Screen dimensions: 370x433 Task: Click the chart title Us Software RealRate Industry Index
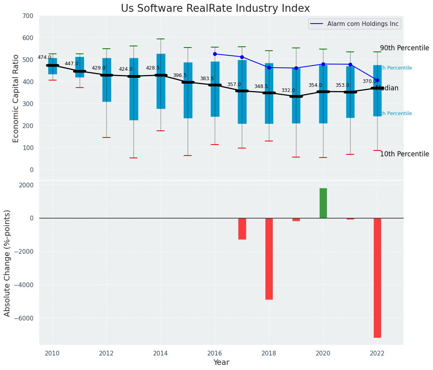pos(215,9)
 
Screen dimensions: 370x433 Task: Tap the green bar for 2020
pos(323,203)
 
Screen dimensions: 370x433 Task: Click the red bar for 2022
pos(377,277)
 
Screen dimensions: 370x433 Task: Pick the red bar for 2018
pos(269,258)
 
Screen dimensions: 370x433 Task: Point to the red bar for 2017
pos(242,229)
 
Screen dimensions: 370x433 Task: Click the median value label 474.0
pos(44,57)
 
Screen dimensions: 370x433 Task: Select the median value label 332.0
pos(288,90)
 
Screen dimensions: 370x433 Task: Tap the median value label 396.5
pos(180,75)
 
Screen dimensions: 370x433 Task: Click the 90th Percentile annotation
pos(404,48)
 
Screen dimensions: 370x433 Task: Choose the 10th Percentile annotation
pos(404,154)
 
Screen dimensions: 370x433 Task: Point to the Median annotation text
pos(387,88)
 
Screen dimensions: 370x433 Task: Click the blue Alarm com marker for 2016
pos(215,54)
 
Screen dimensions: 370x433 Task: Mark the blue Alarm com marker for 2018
pos(269,68)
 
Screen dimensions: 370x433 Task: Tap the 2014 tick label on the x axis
pos(161,354)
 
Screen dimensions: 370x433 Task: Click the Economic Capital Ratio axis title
pos(16,98)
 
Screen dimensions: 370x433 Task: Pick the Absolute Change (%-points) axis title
pos(7,263)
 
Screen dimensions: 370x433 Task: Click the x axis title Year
pos(221,363)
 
